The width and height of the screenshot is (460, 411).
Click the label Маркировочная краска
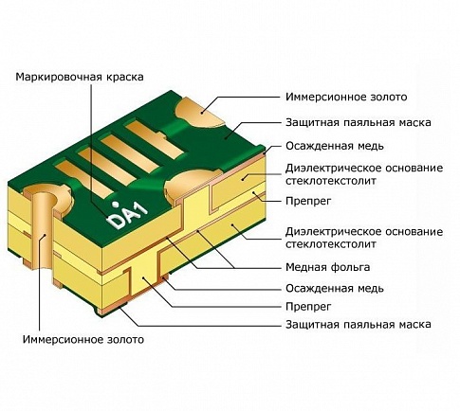(x=80, y=77)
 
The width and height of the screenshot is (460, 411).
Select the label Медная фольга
(x=327, y=267)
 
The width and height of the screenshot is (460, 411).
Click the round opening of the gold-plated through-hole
(x=41, y=194)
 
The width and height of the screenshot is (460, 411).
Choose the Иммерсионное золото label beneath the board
(x=83, y=339)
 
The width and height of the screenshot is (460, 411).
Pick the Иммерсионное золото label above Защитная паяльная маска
(x=346, y=97)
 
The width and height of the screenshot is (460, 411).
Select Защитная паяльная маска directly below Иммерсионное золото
(x=359, y=122)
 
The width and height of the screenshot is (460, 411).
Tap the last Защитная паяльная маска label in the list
(x=359, y=324)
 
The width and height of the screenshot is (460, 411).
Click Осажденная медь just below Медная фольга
(x=335, y=288)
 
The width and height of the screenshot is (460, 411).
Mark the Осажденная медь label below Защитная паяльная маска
(x=335, y=146)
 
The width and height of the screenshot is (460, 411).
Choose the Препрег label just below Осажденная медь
(x=308, y=306)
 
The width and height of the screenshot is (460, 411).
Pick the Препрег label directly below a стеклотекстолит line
(x=308, y=201)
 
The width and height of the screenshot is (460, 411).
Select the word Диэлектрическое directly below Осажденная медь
(x=333, y=168)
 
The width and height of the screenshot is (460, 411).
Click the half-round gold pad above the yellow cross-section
(x=188, y=186)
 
